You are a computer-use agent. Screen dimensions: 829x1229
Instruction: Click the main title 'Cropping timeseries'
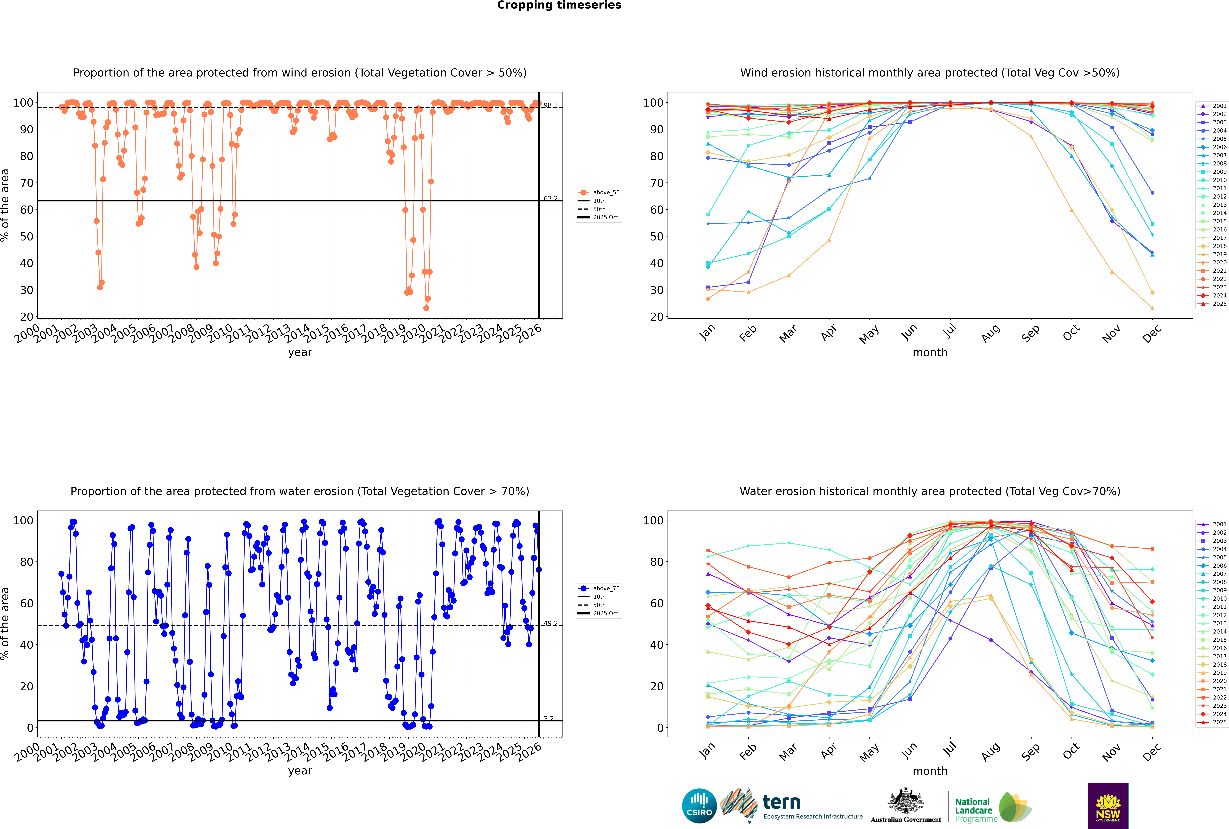tap(559, 5)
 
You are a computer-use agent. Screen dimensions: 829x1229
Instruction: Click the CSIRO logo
tap(699, 806)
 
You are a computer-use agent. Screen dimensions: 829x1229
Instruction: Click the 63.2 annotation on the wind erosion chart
tap(551, 199)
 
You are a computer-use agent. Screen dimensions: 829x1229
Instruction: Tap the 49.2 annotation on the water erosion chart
tap(551, 623)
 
